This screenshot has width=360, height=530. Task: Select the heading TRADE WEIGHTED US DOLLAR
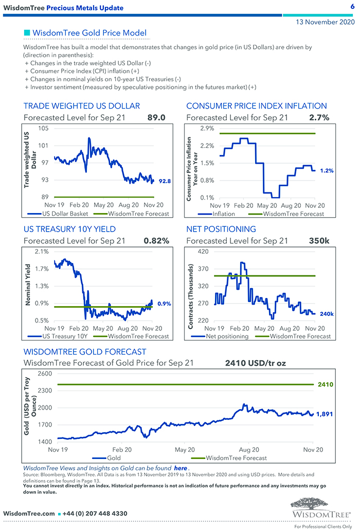coord(82,106)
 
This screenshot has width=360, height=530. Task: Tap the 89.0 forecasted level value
coord(156,117)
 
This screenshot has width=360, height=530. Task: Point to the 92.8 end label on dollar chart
coord(165,181)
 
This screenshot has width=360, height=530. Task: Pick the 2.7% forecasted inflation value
coord(319,117)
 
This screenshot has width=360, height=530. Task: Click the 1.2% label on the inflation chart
coord(327,170)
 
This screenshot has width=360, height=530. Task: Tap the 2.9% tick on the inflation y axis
coord(207,128)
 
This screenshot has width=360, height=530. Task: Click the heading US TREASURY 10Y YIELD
coord(69,229)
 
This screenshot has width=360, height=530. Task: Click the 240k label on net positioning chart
coord(327,314)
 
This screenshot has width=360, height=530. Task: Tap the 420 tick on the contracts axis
coord(202,251)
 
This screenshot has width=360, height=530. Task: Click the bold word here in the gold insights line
coord(180,468)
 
